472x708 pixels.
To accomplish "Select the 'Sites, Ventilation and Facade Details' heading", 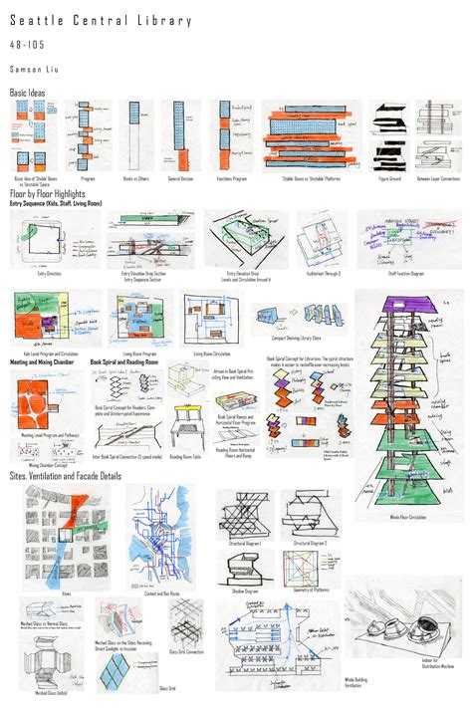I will (x=65, y=476).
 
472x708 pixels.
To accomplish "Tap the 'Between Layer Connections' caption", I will (x=438, y=179).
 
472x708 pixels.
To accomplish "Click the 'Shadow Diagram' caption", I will (x=246, y=590).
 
